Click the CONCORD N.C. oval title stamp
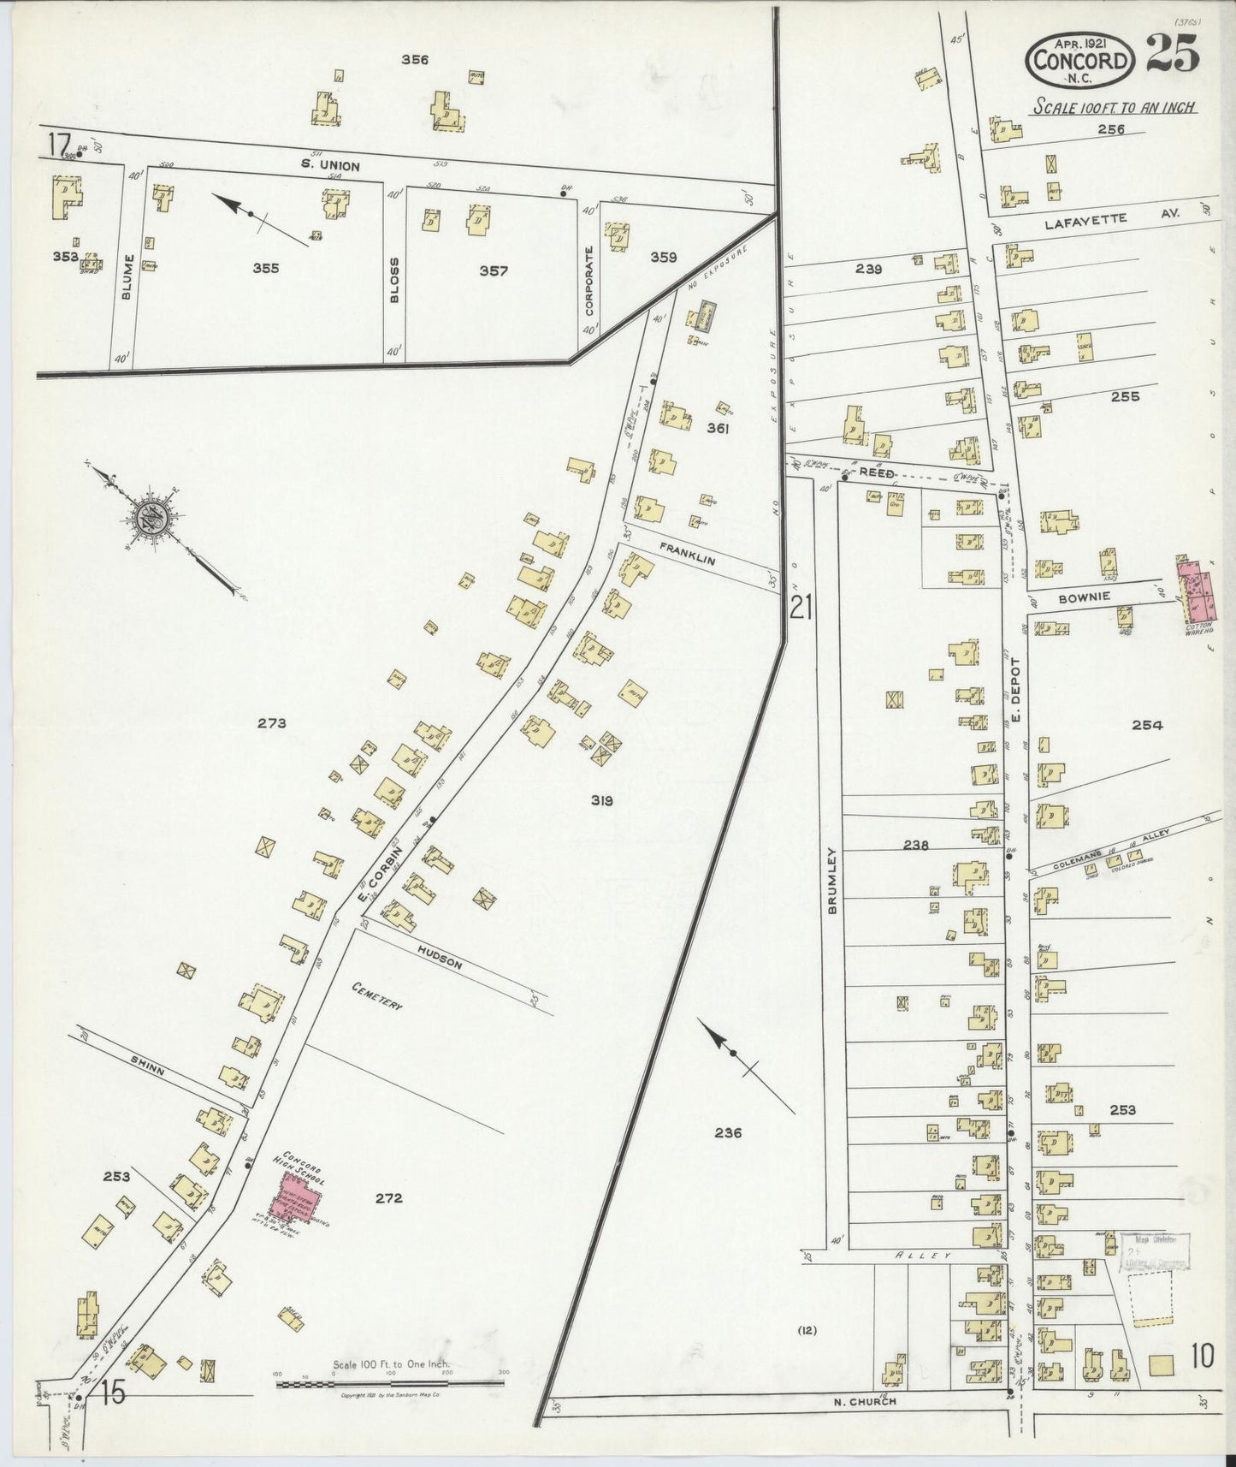click(x=1081, y=60)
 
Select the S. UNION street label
click(x=329, y=165)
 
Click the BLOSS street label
click(x=394, y=276)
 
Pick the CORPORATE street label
click(x=588, y=281)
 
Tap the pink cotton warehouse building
click(x=1197, y=590)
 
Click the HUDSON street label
click(x=441, y=958)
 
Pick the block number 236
click(x=728, y=1132)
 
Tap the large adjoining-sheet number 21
click(x=801, y=608)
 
